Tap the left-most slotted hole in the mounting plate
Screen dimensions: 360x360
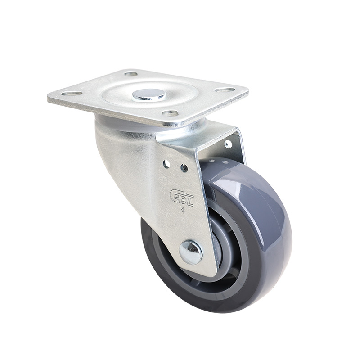72,94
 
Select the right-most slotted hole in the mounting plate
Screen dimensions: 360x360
225,90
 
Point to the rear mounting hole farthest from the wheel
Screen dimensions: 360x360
131,74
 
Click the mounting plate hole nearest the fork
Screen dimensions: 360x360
170,113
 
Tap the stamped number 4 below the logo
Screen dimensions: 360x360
183,210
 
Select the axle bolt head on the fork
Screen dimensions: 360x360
191,252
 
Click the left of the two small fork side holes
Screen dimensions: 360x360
166,164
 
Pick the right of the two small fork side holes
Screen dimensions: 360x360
184,168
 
